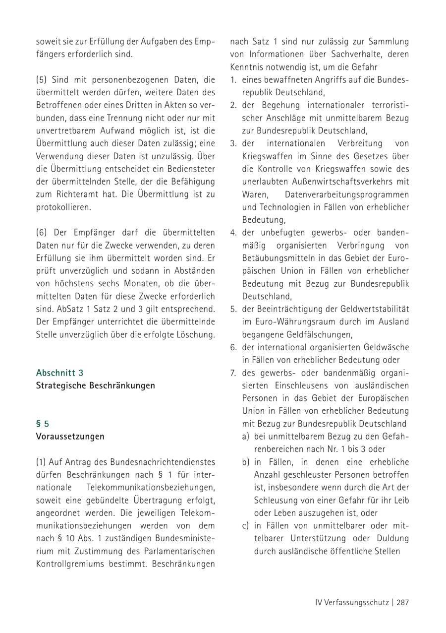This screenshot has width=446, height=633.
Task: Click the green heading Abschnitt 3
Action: coord(59,373)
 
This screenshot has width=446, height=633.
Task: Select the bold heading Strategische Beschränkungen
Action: coord(95,385)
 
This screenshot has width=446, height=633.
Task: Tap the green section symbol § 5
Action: coord(43,424)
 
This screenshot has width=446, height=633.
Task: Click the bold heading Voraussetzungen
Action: coord(70,437)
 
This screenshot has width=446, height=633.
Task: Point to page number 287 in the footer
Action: coord(402,603)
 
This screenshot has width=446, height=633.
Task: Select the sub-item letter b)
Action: coord(245,462)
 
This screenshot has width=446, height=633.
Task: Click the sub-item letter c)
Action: coord(245,525)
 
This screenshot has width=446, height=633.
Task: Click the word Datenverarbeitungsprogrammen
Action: coord(347,194)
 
